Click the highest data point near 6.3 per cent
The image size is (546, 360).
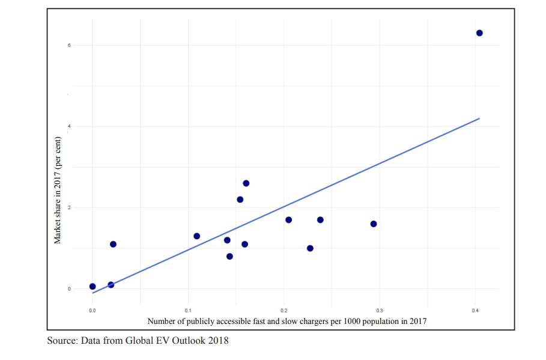(x=479, y=33)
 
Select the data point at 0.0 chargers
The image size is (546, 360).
(x=93, y=287)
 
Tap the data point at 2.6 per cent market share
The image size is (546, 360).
(x=246, y=183)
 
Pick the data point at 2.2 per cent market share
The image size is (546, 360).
(x=240, y=200)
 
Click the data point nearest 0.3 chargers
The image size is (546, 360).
(x=374, y=224)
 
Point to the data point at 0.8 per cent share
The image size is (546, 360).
(x=229, y=257)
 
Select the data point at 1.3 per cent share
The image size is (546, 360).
(x=196, y=236)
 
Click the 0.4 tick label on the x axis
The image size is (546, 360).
(x=475, y=311)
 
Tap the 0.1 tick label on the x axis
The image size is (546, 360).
(x=188, y=311)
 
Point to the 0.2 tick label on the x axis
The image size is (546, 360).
(x=284, y=311)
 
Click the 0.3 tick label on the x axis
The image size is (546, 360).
(x=379, y=311)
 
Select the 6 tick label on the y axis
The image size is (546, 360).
(x=69, y=45)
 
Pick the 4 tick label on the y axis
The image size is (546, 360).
(x=69, y=126)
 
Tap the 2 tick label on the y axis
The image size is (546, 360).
(x=69, y=207)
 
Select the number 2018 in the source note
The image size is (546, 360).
(x=218, y=341)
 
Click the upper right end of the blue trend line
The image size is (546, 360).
(x=479, y=118)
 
